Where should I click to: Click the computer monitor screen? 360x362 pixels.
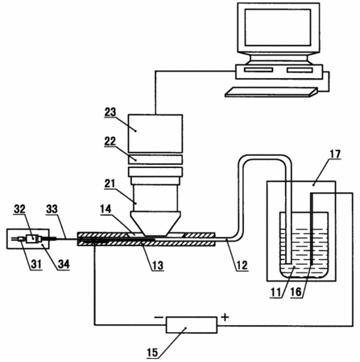[x=278, y=27]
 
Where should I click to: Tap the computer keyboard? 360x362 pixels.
[x=271, y=92]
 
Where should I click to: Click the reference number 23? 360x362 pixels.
[x=110, y=113]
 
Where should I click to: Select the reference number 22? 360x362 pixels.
[x=110, y=142]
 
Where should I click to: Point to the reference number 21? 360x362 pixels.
[x=110, y=183]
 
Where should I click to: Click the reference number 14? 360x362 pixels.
[x=106, y=209]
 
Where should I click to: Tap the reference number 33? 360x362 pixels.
[x=52, y=209]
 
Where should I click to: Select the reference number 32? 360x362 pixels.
[x=19, y=209]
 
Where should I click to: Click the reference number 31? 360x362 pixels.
[x=36, y=264]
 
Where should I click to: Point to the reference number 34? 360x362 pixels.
[x=64, y=264]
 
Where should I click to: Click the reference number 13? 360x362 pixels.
[x=158, y=265]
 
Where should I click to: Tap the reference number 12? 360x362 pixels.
[x=242, y=265]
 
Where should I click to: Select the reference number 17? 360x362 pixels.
[x=335, y=154]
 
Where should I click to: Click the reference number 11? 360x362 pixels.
[x=275, y=292]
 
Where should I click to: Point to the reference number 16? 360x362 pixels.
[x=296, y=292]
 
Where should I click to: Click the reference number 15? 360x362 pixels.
[x=152, y=352]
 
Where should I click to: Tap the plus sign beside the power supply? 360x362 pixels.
[x=225, y=318]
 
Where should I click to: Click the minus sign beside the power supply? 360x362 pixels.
[x=159, y=318]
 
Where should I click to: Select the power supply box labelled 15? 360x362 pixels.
[x=192, y=325]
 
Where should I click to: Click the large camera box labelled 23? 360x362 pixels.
[x=155, y=134]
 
